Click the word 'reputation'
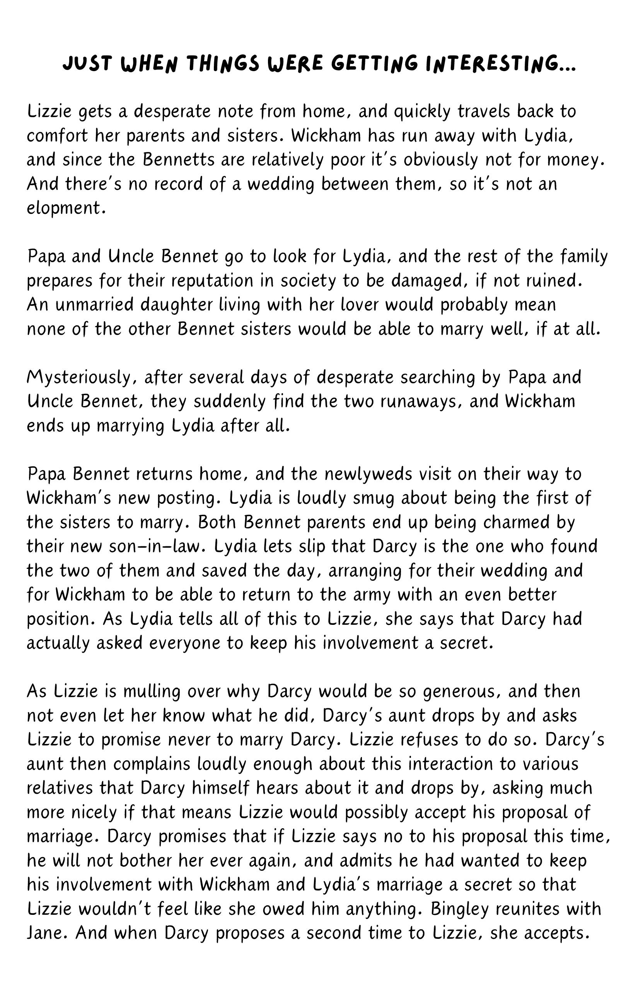click(x=212, y=280)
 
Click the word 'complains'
click(x=141, y=764)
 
